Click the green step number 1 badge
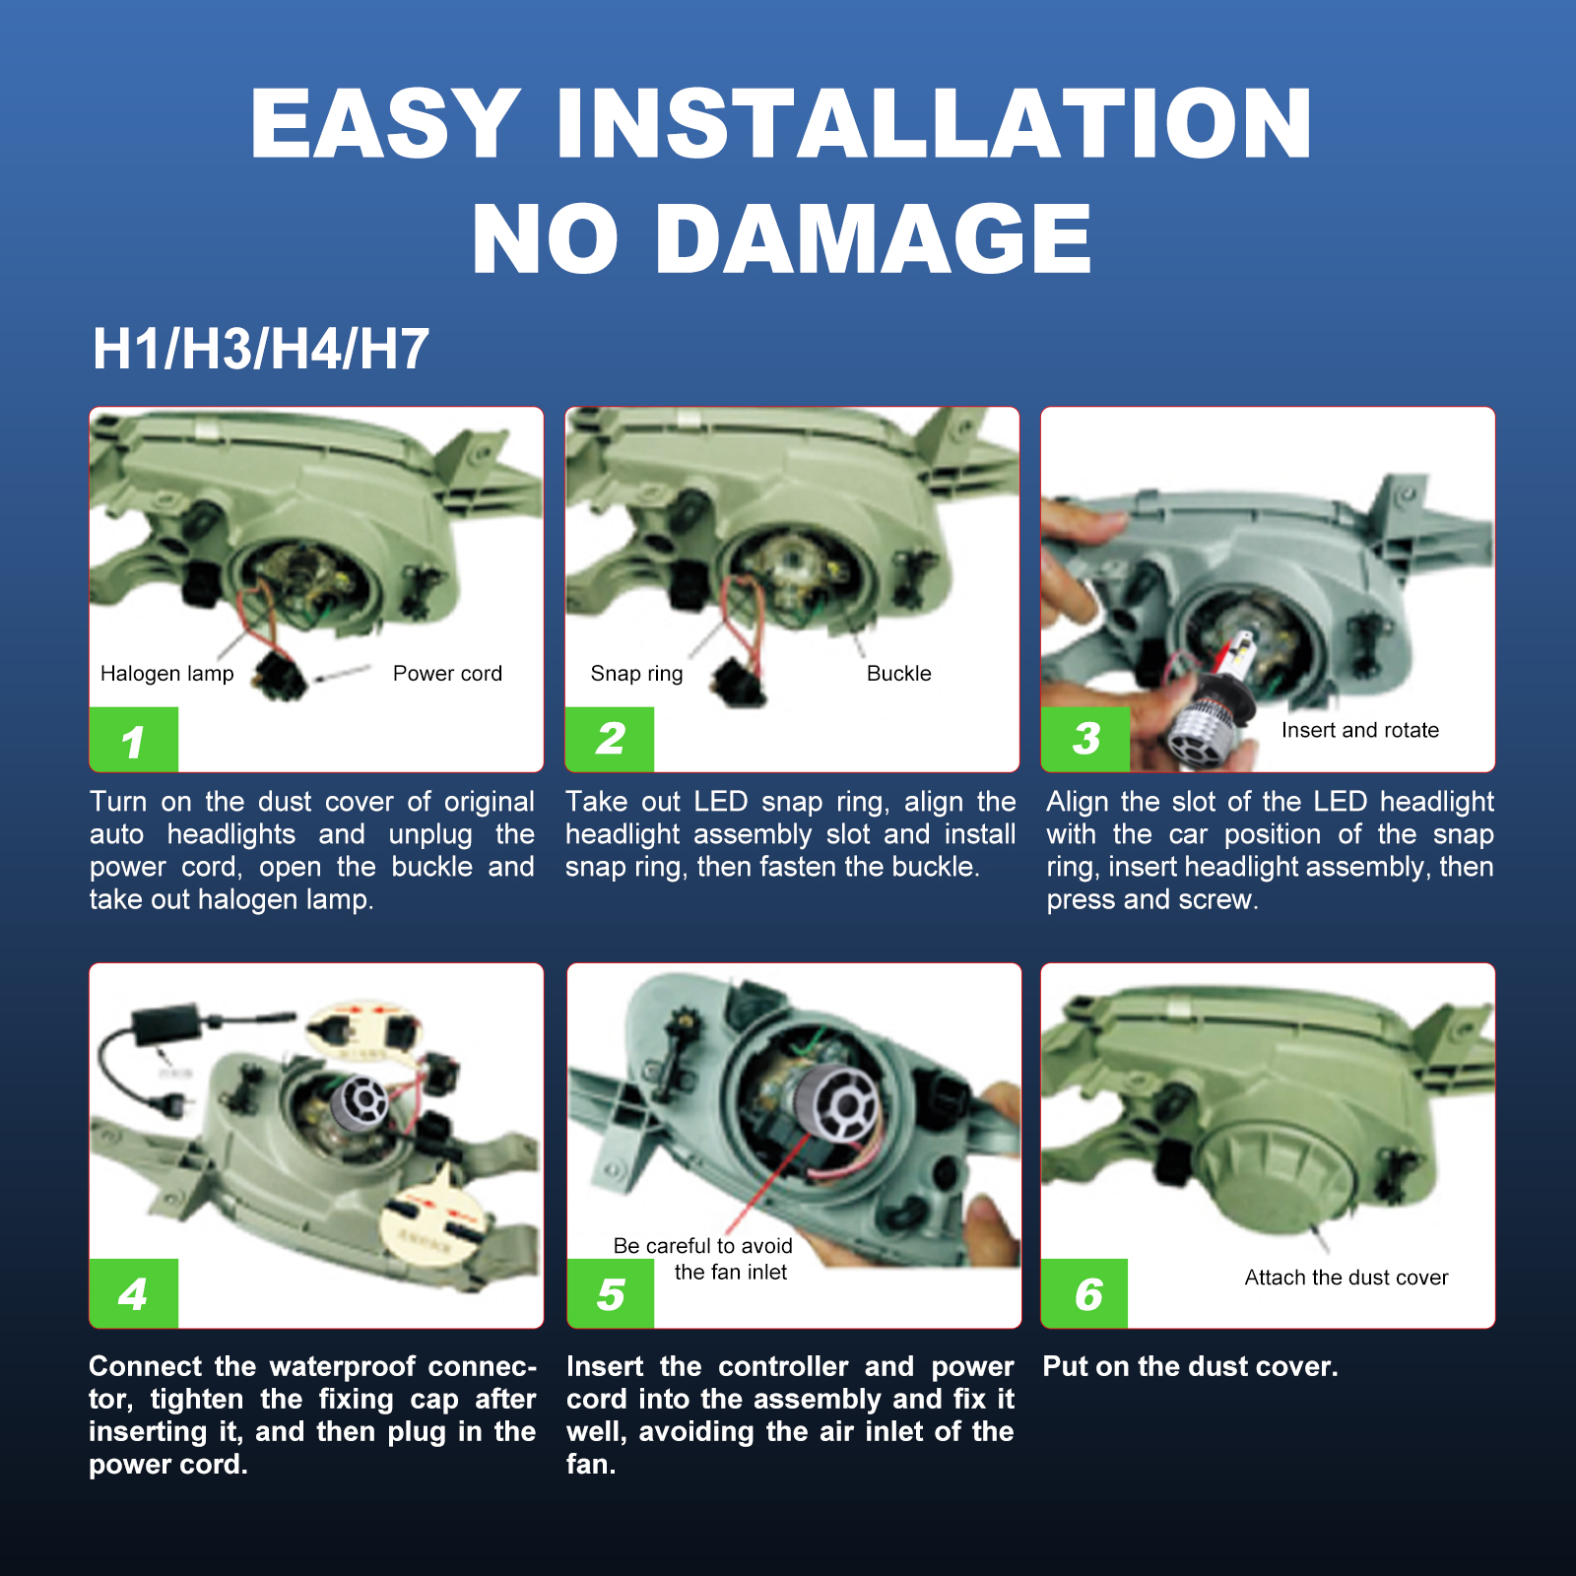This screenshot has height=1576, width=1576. [134, 739]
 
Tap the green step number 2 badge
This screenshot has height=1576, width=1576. [610, 739]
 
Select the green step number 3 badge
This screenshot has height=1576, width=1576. [1085, 739]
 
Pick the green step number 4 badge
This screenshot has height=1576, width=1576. [134, 1293]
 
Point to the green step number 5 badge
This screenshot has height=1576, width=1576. [611, 1293]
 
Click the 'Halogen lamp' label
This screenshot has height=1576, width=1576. [167, 674]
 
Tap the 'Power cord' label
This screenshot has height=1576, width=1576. [447, 674]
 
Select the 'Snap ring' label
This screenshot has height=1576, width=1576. [636, 674]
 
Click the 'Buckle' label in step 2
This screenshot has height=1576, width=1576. [898, 674]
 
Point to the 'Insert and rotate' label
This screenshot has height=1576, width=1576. [1360, 730]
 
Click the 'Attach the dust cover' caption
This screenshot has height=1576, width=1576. [1346, 1278]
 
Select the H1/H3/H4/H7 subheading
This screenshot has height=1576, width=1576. [261, 349]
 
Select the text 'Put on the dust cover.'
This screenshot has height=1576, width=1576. [1191, 1366]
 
